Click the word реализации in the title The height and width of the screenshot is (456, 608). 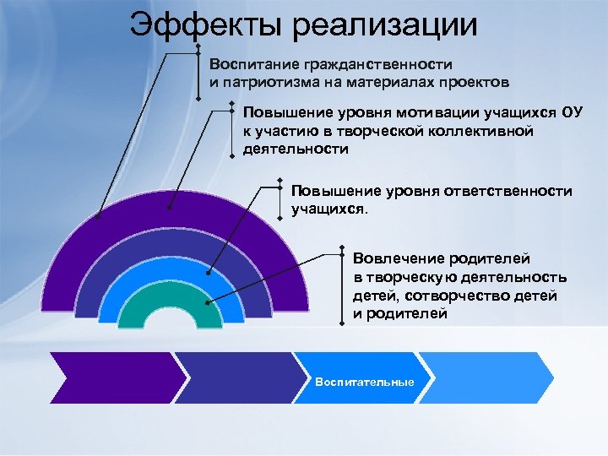(x=385, y=24)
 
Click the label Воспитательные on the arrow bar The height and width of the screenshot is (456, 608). (x=364, y=383)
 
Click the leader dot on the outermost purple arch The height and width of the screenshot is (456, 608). (x=97, y=217)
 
